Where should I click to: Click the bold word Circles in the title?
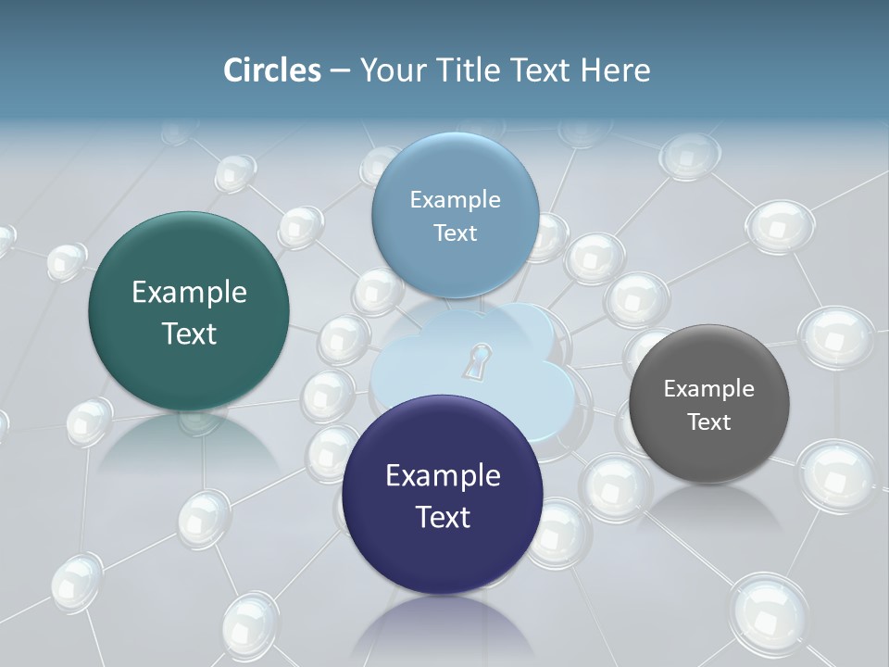click(271, 69)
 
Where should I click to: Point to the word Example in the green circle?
click(189, 293)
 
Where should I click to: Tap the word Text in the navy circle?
click(443, 517)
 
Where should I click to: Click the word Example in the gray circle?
click(708, 389)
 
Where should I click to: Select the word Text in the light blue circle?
click(455, 233)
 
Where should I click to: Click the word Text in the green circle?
click(189, 333)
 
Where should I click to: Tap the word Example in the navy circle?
click(443, 476)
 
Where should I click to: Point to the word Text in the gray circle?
click(709, 422)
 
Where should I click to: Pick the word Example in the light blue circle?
click(455, 200)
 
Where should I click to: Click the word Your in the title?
click(389, 69)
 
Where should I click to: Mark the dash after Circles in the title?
click(339, 70)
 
